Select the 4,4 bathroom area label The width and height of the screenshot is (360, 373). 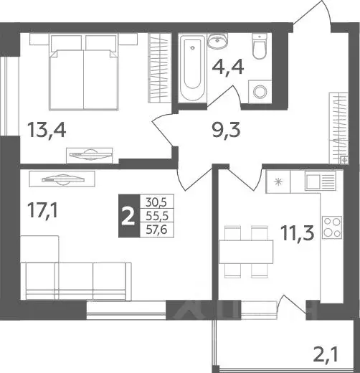[x=228, y=70]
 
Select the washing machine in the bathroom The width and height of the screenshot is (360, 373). [x=260, y=92]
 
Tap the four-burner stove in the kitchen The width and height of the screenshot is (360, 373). [x=331, y=227]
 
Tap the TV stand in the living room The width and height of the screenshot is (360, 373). [x=65, y=180]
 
